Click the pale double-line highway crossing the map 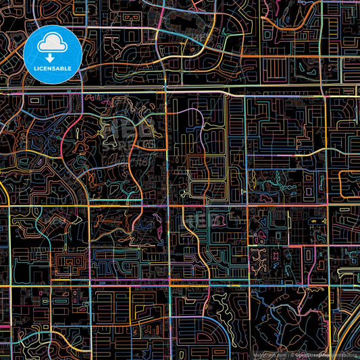click(x=203, y=91)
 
